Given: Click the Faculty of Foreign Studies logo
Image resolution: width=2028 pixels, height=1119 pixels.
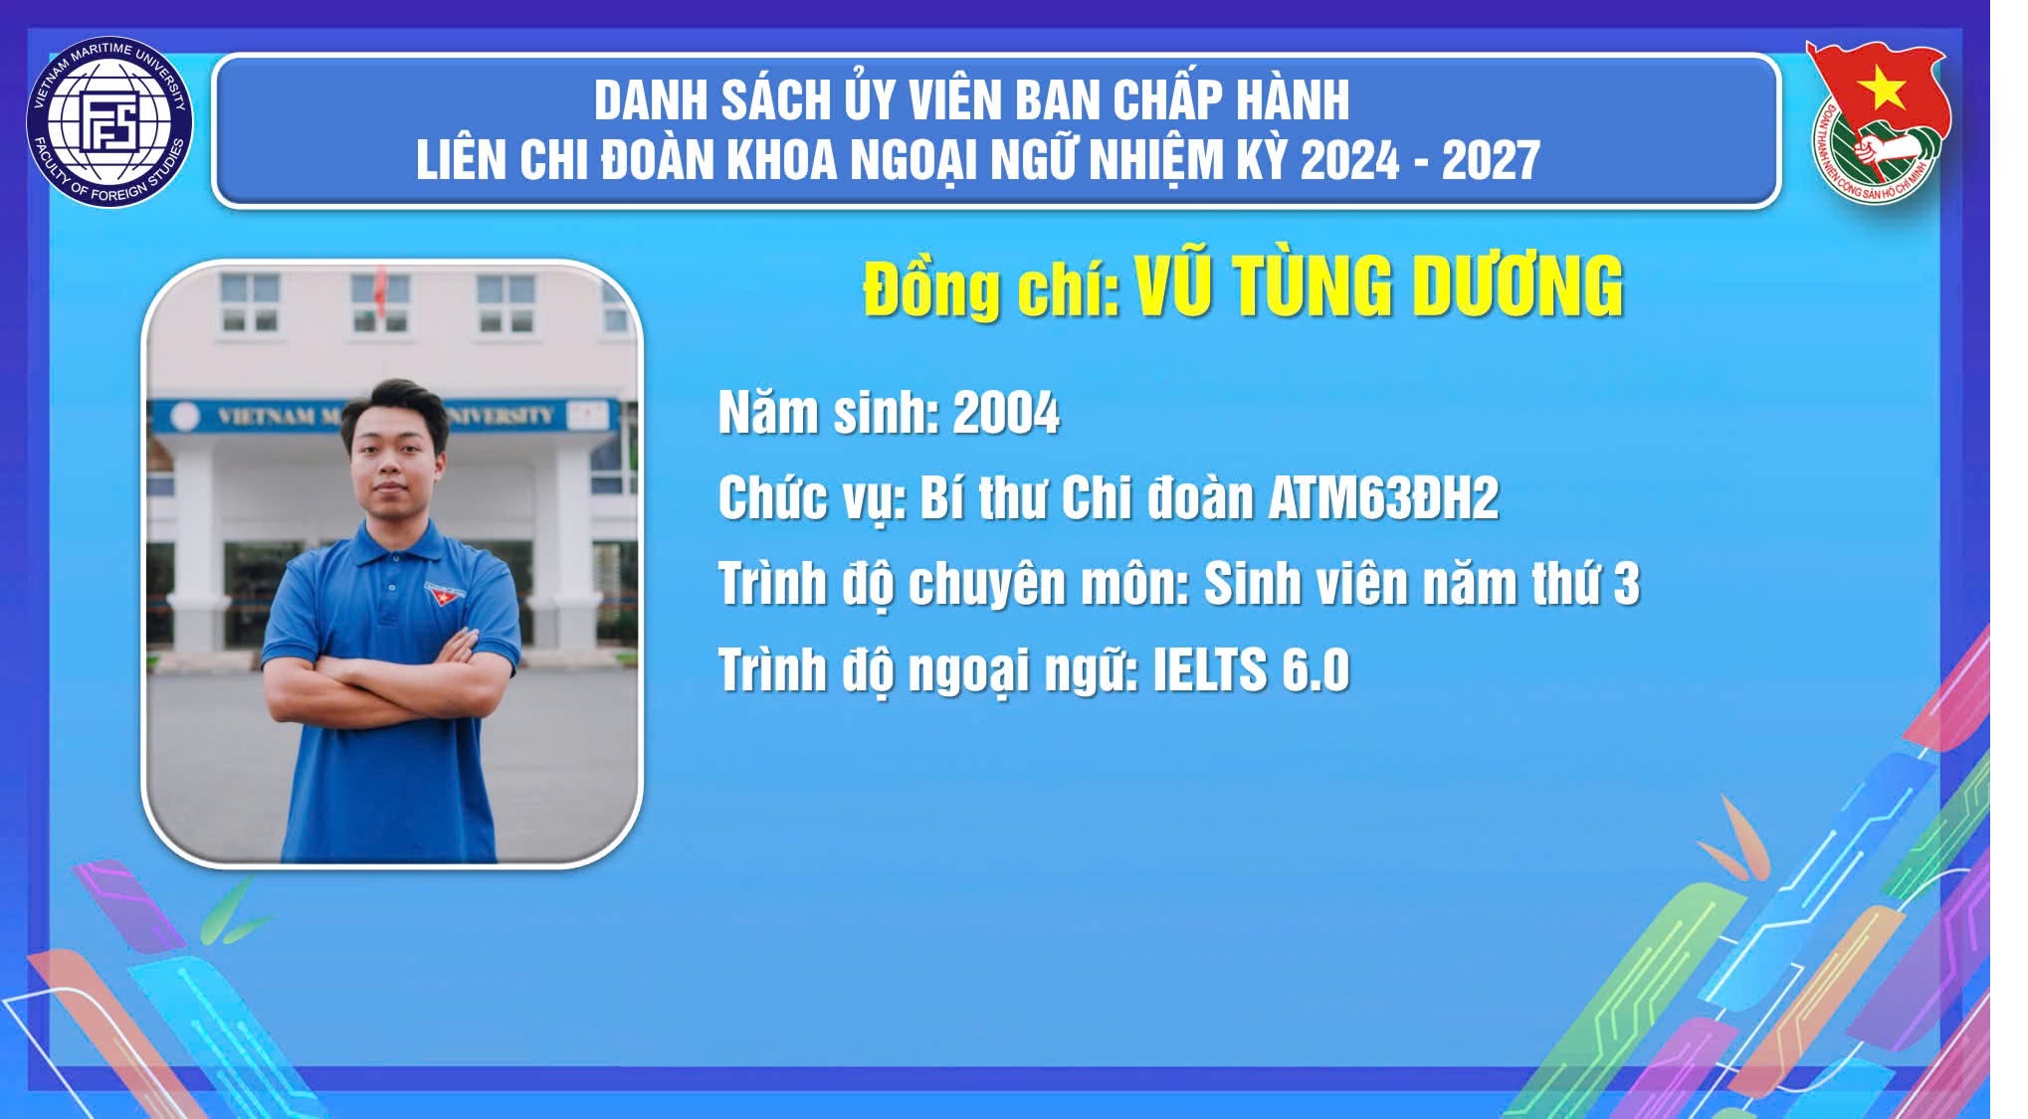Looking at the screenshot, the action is pyautogui.click(x=109, y=123).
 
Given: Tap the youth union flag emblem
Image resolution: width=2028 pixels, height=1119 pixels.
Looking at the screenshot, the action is pyautogui.click(x=1877, y=120).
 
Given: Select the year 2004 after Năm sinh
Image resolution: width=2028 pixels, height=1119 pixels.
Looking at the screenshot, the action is pyautogui.click(x=1006, y=413).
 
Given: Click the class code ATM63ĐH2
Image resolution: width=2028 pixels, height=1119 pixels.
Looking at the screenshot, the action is pyautogui.click(x=1383, y=497).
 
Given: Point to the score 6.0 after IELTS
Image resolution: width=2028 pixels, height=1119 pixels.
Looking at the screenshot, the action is pyautogui.click(x=1315, y=669).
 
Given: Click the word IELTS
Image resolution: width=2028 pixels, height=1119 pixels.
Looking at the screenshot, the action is pyautogui.click(x=1208, y=669).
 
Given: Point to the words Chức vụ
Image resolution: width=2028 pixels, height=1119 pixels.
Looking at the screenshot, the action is pyautogui.click(x=811, y=499).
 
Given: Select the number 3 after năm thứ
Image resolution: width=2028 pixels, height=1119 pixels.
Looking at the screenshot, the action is pyautogui.click(x=1626, y=584).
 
